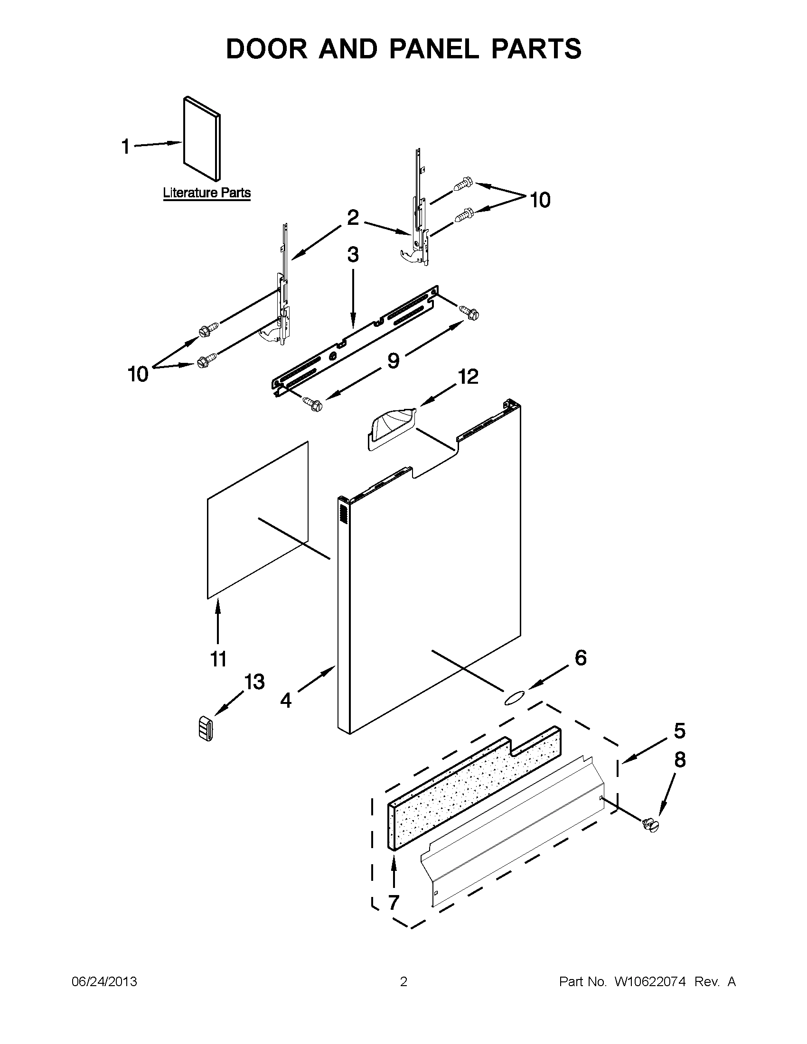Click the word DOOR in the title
coord(267,49)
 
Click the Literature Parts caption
coord(206,193)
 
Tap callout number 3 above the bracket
coord(353,255)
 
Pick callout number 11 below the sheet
coord(219,659)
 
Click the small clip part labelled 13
coord(205,729)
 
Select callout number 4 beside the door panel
coord(286,700)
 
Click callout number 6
coord(580,658)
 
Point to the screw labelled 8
coord(650,824)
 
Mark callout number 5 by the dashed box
coord(679,731)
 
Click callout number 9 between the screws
coord(393,360)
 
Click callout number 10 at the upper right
coord(540,200)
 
